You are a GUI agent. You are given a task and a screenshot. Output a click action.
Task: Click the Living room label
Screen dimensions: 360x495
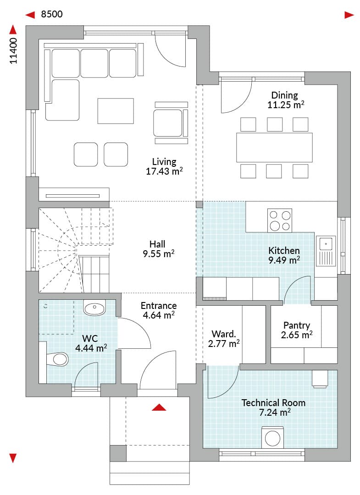(164, 162)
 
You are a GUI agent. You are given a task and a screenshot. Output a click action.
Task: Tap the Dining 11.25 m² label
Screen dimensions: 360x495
(285, 100)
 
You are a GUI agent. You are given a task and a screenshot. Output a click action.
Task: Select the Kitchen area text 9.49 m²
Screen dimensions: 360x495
(284, 260)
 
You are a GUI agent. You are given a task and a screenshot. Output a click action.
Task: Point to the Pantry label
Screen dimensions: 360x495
(297, 325)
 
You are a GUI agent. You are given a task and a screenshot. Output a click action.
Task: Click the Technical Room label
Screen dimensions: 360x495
(273, 403)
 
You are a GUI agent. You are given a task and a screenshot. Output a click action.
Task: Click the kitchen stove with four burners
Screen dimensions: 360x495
(279, 220)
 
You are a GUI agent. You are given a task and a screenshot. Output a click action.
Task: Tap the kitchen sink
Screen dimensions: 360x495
(326, 251)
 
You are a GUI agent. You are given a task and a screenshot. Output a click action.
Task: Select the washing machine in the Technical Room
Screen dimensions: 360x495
(272, 437)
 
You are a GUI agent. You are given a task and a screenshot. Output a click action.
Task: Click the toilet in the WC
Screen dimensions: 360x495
(57, 359)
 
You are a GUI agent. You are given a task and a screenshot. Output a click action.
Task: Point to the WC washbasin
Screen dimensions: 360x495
(94, 308)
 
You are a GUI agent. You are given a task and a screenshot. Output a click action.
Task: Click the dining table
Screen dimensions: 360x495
(274, 148)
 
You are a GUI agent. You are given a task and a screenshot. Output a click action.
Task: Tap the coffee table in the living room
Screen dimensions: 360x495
(116, 111)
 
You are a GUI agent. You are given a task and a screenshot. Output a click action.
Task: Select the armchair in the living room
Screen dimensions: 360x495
(171, 123)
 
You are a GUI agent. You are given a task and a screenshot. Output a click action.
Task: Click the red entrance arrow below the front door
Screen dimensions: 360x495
(159, 407)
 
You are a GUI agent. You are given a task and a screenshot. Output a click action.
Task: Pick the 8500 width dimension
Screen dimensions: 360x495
(52, 14)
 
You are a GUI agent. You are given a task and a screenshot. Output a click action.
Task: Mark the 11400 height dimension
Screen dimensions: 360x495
(13, 50)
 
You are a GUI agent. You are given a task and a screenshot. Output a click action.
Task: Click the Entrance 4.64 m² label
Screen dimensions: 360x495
(159, 310)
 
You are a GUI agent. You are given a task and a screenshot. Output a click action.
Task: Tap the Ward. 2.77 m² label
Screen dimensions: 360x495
(224, 339)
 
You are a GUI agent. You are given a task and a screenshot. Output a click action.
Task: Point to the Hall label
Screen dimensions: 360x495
(157, 244)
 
